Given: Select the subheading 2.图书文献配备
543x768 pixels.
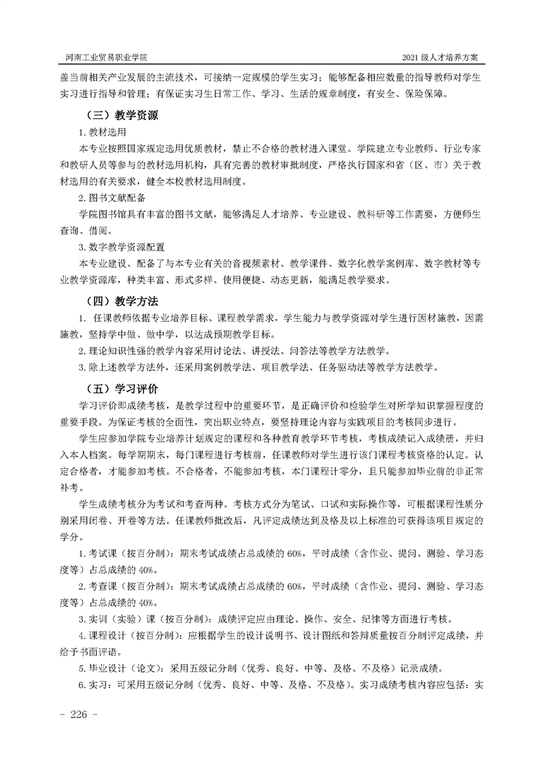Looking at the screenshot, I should [112, 198].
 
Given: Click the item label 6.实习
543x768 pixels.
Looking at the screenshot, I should [92, 684].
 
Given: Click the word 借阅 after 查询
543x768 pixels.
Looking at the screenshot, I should [98, 231].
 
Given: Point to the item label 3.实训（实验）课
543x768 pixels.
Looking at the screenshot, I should [120, 618].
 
